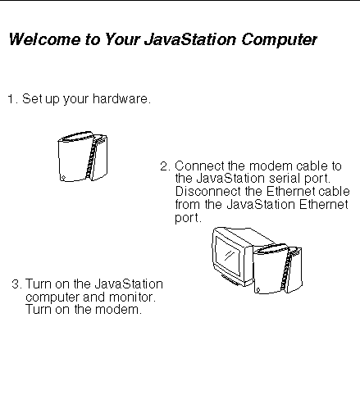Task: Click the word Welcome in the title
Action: (x=45, y=39)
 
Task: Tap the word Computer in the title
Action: (x=279, y=40)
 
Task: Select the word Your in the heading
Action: (x=122, y=39)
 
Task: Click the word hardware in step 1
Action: (x=121, y=98)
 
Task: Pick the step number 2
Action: (x=165, y=166)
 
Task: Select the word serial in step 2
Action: (x=284, y=179)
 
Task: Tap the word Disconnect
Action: (x=208, y=191)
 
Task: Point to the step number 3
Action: (x=17, y=284)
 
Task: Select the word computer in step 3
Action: (x=52, y=297)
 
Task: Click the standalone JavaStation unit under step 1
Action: (x=82, y=157)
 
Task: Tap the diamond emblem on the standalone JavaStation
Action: (x=63, y=178)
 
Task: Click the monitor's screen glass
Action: (x=228, y=256)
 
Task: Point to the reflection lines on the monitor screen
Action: (x=229, y=256)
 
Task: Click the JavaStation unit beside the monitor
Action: (x=278, y=270)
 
